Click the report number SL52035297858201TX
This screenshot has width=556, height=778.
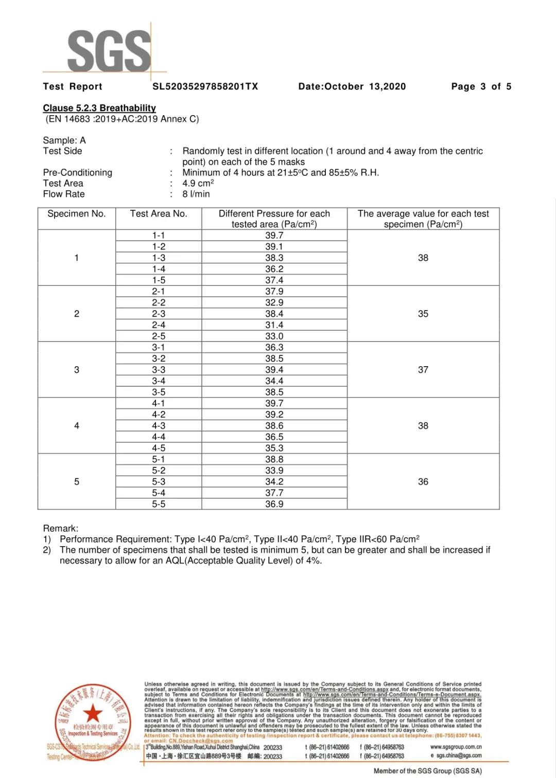[x=205, y=86]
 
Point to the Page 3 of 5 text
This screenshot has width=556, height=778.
[x=481, y=86]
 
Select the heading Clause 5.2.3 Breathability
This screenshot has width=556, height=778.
[x=99, y=108]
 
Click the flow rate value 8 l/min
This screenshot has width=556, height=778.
[x=196, y=194]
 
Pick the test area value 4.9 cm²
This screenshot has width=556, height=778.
[x=198, y=183]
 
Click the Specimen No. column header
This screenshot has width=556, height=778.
[x=76, y=214]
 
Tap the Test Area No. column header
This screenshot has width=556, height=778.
[x=159, y=214]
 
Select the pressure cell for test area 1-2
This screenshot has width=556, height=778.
[x=274, y=247]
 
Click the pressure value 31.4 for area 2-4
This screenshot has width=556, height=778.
[x=274, y=325]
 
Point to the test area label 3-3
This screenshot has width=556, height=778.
[x=159, y=370]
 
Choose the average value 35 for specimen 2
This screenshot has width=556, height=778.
[x=423, y=314]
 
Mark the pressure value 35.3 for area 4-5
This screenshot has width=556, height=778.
[x=274, y=448]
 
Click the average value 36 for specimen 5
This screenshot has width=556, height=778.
[x=423, y=482]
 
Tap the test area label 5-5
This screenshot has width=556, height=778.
[x=159, y=504]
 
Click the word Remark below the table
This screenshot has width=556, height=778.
[x=60, y=528]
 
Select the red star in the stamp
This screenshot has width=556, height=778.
[x=93, y=713]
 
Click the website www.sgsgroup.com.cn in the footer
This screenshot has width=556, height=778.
[x=456, y=747]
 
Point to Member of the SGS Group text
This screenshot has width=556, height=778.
[x=427, y=771]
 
